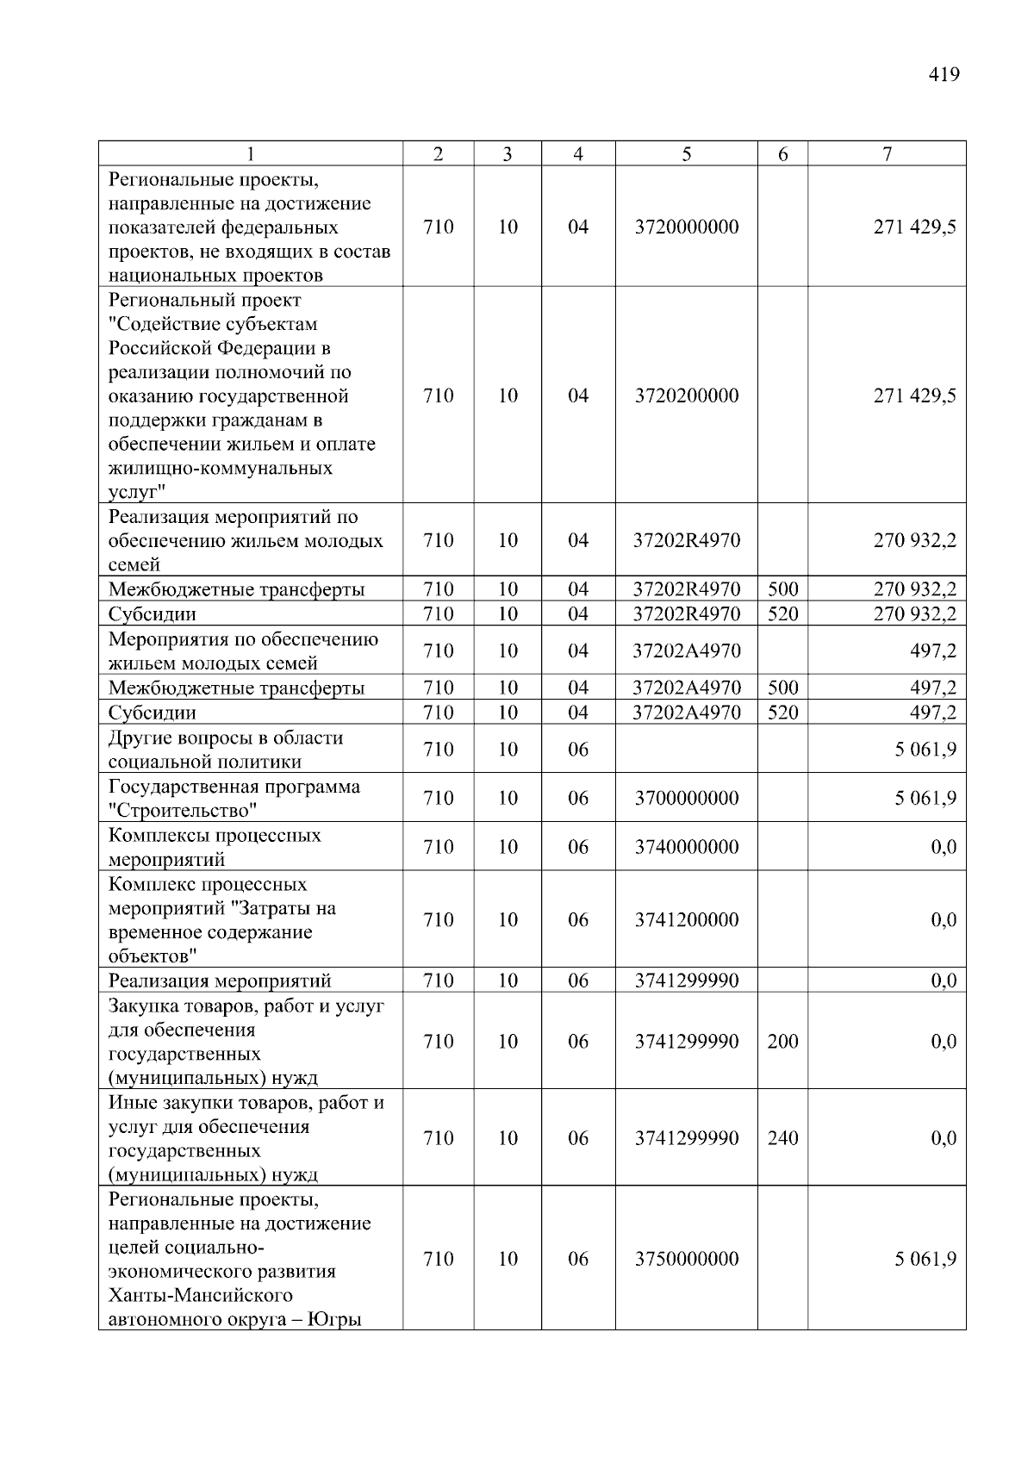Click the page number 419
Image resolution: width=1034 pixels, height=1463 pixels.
[x=944, y=75]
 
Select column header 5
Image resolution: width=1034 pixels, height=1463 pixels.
[x=686, y=154]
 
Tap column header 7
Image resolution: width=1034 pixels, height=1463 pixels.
[x=887, y=154]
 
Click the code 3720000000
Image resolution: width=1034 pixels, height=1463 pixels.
[x=686, y=227]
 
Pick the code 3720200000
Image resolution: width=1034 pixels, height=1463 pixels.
[x=686, y=395]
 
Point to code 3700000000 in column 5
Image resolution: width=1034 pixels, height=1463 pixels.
[x=686, y=798]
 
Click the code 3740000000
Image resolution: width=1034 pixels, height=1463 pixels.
[x=686, y=847]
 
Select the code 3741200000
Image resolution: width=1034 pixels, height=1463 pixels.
[x=686, y=919]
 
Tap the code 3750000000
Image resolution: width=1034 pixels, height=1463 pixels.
[x=686, y=1259]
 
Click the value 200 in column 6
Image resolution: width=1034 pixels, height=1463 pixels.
[x=782, y=1041]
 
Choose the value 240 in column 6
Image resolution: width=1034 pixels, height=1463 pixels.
[x=782, y=1138]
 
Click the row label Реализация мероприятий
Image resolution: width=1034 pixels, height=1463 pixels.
[x=220, y=981]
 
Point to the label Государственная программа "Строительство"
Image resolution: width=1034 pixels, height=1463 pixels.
[x=234, y=798]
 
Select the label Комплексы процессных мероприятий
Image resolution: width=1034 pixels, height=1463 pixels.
[x=215, y=847]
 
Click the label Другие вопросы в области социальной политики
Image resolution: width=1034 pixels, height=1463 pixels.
[x=226, y=750]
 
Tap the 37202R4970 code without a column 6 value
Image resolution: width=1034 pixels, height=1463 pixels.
[x=686, y=540]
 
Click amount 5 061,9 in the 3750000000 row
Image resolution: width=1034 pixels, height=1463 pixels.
[x=925, y=1259]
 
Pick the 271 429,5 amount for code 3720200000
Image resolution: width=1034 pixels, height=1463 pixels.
[x=914, y=395]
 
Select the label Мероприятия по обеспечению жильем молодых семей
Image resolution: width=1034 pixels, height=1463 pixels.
[x=243, y=651]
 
